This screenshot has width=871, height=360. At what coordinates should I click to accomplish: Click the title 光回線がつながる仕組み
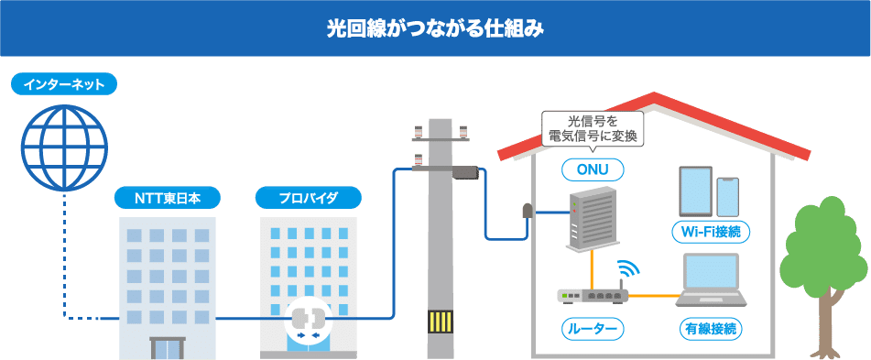coord(435,29)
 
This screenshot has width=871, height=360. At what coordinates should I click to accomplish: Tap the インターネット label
coord(64,84)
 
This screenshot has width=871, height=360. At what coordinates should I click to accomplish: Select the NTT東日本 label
coord(168,197)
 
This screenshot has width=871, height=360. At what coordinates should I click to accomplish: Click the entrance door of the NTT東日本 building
coord(168,348)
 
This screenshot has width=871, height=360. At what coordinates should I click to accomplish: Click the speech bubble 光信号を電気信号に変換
coord(593,130)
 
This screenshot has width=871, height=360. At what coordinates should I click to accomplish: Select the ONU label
coord(593,170)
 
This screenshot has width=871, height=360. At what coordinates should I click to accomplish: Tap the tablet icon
coord(695,191)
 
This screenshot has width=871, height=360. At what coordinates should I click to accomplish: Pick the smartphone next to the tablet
coord(727,197)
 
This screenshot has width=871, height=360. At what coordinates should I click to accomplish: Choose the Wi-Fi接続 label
coord(711,233)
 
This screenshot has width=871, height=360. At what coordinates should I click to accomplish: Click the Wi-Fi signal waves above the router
coord(629,268)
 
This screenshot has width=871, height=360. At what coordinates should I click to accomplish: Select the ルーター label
coord(593,329)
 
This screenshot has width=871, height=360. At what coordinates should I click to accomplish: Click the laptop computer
coord(711,279)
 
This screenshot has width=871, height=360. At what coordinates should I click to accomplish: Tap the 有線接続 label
coord(711,329)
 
